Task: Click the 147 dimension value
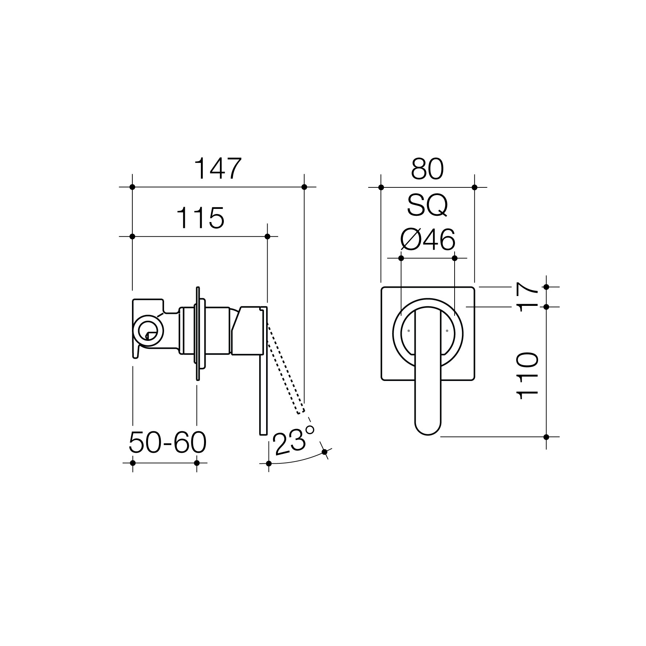click(218, 169)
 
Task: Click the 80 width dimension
click(427, 169)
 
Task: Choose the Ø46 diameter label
click(428, 240)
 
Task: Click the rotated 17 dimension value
click(527, 297)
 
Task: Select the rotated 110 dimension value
click(528, 376)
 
